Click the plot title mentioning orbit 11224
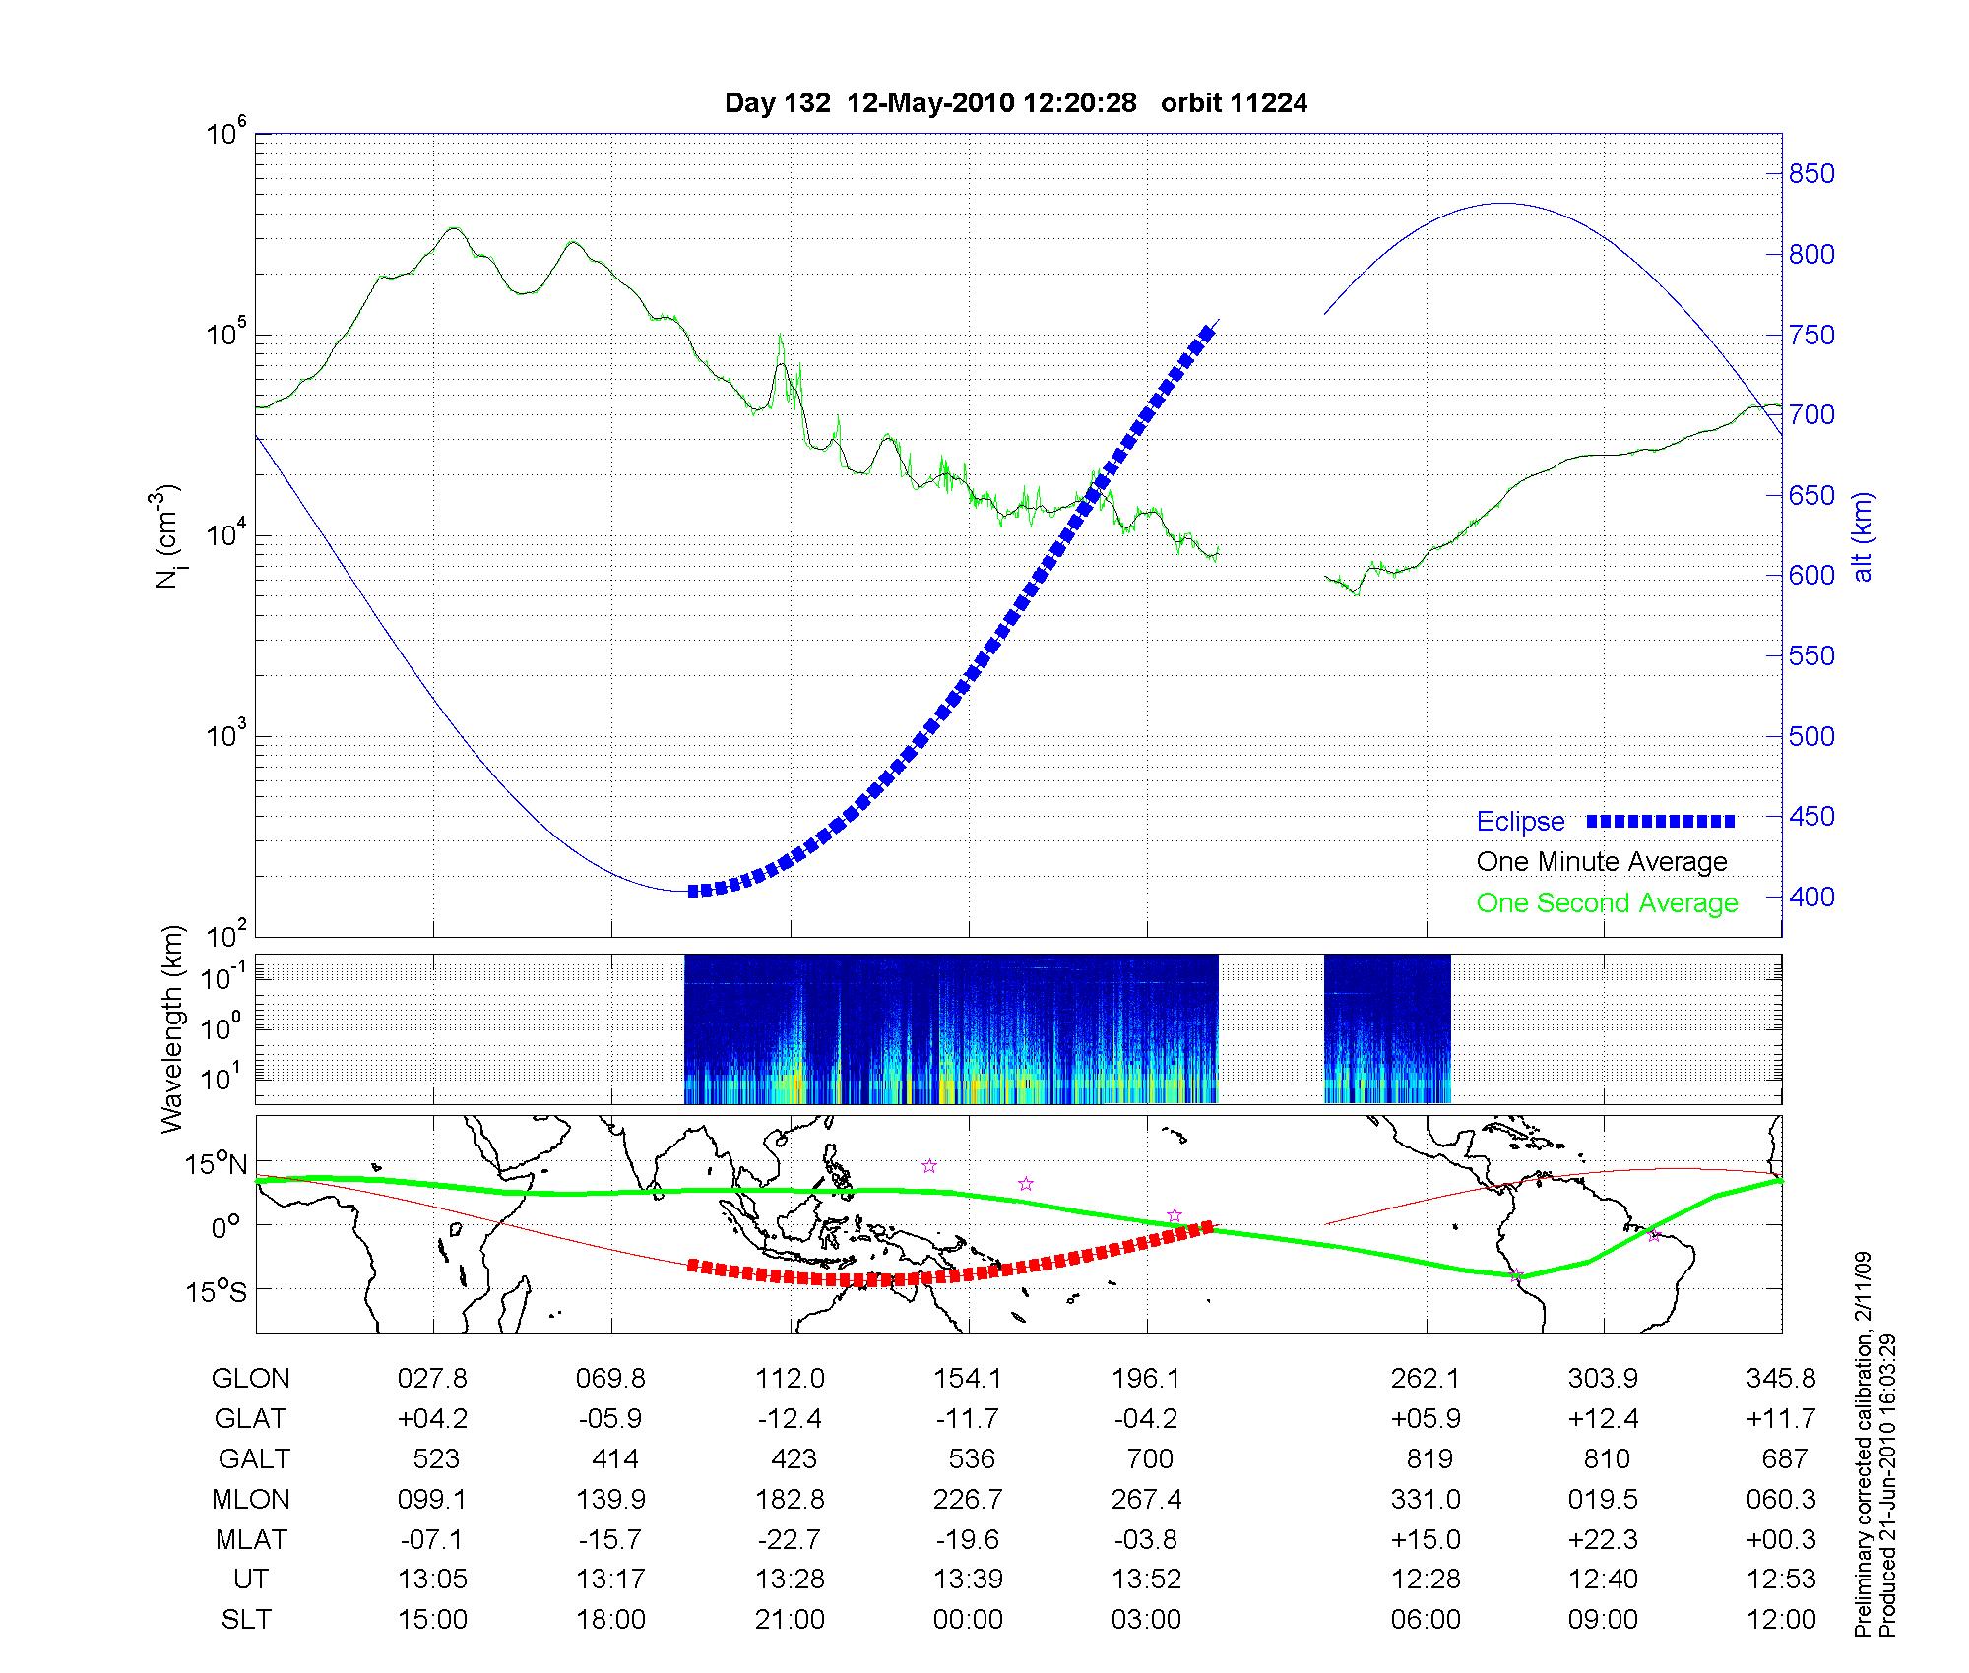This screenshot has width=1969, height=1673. [1016, 103]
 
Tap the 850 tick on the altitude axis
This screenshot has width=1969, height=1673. [1811, 174]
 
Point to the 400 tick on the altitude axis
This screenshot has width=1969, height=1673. [1811, 897]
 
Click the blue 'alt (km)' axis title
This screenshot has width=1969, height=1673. [1863, 536]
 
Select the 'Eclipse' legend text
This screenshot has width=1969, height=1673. [1520, 822]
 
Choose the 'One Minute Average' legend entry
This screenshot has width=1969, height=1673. [1602, 862]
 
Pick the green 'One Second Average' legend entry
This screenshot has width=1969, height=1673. [1607, 903]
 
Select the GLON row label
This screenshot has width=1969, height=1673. [251, 1379]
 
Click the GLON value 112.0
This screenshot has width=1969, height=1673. [790, 1379]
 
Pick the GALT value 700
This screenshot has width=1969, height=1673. [1148, 1458]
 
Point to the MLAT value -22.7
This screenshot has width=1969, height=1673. [790, 1539]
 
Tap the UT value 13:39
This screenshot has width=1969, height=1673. [968, 1580]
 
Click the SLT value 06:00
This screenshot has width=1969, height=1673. [1425, 1620]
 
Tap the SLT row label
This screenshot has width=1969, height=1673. [246, 1620]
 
